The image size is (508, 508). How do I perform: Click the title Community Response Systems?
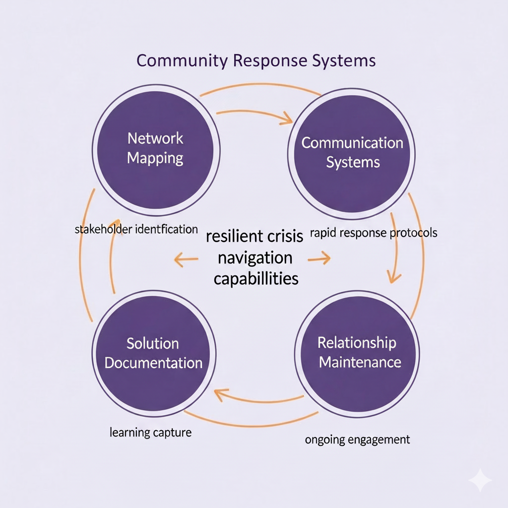coord(255,61)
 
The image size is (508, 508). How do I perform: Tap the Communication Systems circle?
coord(352,152)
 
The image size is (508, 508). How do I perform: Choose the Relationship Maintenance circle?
coord(359,352)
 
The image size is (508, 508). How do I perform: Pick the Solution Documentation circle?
coord(153,353)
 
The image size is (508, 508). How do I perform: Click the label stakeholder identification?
coord(136,229)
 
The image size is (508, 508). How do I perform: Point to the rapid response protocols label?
coord(373,232)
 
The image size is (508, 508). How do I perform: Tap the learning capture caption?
coord(150,432)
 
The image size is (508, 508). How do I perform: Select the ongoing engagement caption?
coord(357,439)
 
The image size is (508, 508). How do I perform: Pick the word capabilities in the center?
coord(256,278)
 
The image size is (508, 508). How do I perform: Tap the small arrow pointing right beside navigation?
coord(319,258)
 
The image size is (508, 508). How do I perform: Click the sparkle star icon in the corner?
coord(480,480)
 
